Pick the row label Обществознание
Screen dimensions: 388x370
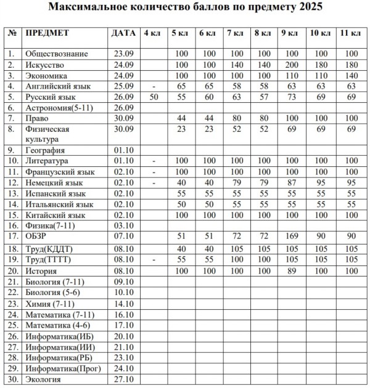tap(57, 54)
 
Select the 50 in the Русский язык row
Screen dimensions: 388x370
tap(154, 97)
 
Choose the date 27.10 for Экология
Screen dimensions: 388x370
tap(125, 379)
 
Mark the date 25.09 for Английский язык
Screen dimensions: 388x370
tap(125, 86)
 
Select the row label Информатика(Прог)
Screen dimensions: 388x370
tap(63, 368)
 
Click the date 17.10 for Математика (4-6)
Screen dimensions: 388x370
tap(125, 325)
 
